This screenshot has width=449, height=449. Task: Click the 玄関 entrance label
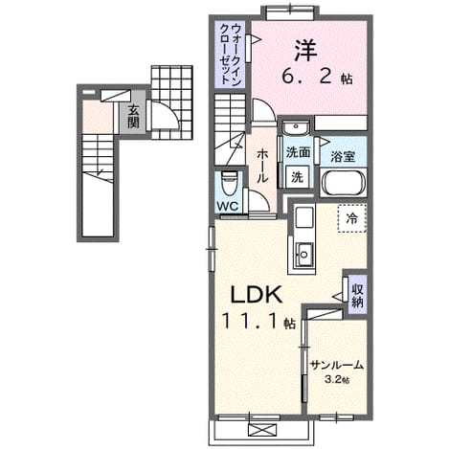point(133,117)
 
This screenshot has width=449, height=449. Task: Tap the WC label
point(228,206)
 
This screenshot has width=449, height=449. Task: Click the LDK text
point(257,294)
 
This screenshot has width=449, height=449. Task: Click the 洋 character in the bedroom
point(305,51)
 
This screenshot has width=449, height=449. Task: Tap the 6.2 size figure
point(307,77)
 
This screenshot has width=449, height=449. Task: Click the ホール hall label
point(262,166)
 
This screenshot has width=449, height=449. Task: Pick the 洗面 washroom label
point(298,152)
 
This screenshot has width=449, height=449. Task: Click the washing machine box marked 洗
point(297,176)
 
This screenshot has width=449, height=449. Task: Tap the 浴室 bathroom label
point(343,156)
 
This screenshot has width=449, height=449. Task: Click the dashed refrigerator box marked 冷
point(352,218)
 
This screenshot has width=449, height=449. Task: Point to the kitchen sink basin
point(303,254)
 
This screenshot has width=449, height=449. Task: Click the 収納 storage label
point(357,296)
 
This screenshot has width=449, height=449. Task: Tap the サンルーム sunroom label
point(337,365)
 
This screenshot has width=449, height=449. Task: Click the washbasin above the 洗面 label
point(296,128)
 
